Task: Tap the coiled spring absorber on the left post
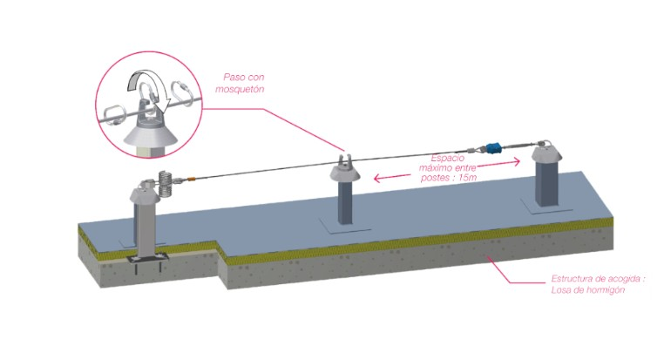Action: [x=165, y=182]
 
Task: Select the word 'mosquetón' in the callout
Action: [x=243, y=90]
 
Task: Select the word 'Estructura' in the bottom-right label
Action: [x=572, y=279]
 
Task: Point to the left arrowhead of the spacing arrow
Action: [x=376, y=180]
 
